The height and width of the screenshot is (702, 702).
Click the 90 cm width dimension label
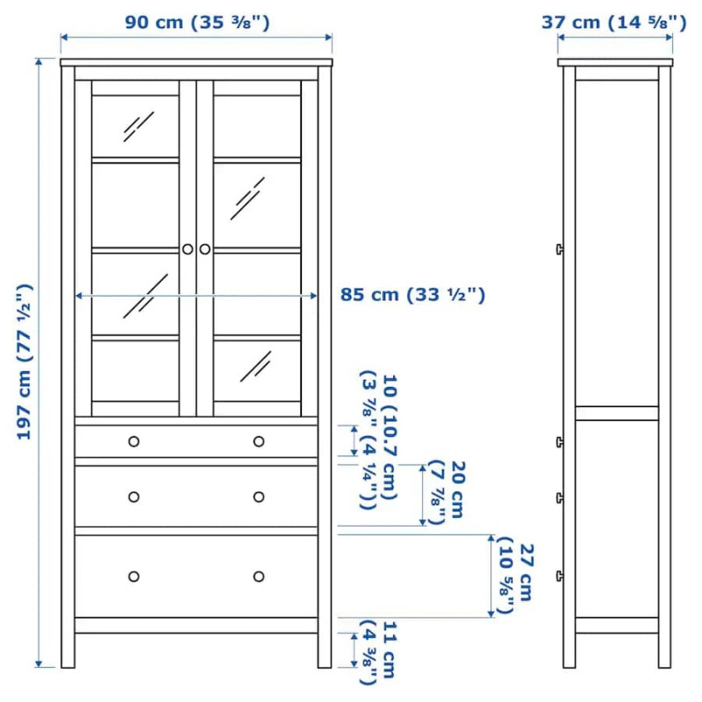pyautogui.click(x=197, y=22)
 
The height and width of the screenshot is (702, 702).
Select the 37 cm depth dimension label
pyautogui.click(x=613, y=22)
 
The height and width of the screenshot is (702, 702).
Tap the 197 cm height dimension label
pyautogui.click(x=25, y=362)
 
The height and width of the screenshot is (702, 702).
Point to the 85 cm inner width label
pyautogui.click(x=412, y=295)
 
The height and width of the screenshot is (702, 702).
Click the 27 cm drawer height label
pyautogui.click(x=515, y=577)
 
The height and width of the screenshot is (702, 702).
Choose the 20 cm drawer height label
pyautogui.click(x=447, y=491)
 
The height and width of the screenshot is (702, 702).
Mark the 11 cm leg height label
pyautogui.click(x=379, y=652)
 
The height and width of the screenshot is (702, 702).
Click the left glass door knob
pyautogui.click(x=188, y=249)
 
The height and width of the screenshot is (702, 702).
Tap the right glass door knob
pyautogui.click(x=205, y=249)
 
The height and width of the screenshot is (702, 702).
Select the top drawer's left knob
pyautogui.click(x=134, y=441)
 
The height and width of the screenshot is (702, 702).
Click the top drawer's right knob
pyautogui.click(x=259, y=441)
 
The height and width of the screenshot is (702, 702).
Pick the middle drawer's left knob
pyautogui.click(x=134, y=497)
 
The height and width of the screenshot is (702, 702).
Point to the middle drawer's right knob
pyautogui.click(x=259, y=497)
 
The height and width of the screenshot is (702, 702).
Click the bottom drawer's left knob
pyautogui.click(x=134, y=577)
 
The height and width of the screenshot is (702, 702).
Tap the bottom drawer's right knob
pyautogui.click(x=259, y=577)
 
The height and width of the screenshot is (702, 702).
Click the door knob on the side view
pyautogui.click(x=560, y=249)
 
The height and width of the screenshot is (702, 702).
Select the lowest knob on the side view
pyautogui.click(x=560, y=577)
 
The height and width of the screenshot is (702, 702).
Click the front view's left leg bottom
pyautogui.click(x=68, y=667)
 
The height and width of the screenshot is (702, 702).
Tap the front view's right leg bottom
pyautogui.click(x=325, y=667)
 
